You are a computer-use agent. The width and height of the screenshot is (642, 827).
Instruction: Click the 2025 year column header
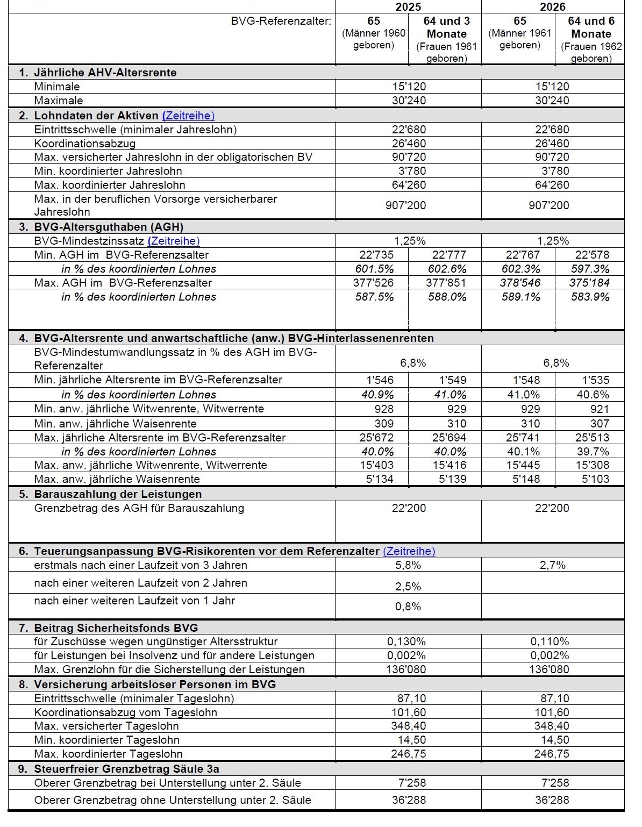[408, 6]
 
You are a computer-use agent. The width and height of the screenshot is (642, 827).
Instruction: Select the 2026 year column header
[553, 6]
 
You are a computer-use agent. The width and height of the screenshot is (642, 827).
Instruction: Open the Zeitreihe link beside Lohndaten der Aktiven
[188, 116]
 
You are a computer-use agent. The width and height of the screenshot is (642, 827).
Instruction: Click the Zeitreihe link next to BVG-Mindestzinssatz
[173, 241]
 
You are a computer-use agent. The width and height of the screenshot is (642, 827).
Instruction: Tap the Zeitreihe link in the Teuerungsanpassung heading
[409, 551]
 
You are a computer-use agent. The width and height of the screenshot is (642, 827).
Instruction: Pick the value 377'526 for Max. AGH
[374, 283]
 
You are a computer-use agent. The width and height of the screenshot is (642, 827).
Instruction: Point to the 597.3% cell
[590, 269]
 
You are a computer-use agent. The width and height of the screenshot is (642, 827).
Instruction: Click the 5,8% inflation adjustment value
[408, 565]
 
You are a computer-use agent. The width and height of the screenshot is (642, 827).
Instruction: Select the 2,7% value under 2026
[553, 565]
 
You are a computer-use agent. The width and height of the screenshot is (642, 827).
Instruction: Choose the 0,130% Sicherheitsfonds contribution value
[406, 641]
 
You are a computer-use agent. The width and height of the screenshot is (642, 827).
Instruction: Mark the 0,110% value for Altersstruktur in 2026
[550, 641]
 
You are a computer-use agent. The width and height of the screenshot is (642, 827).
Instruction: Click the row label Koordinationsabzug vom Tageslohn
[125, 712]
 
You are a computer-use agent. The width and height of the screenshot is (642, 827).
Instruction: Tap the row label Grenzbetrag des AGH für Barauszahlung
[139, 508]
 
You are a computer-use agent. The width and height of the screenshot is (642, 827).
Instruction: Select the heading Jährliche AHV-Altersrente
[105, 73]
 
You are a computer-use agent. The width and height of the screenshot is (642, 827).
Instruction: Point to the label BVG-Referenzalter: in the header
[281, 22]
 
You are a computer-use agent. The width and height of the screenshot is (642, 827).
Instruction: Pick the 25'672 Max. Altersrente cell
[376, 438]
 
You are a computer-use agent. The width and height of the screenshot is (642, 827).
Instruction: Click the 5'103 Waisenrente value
[595, 479]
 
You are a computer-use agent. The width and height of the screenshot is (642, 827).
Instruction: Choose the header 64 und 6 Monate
[591, 28]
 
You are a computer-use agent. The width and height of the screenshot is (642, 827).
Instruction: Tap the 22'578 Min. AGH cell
[592, 255]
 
